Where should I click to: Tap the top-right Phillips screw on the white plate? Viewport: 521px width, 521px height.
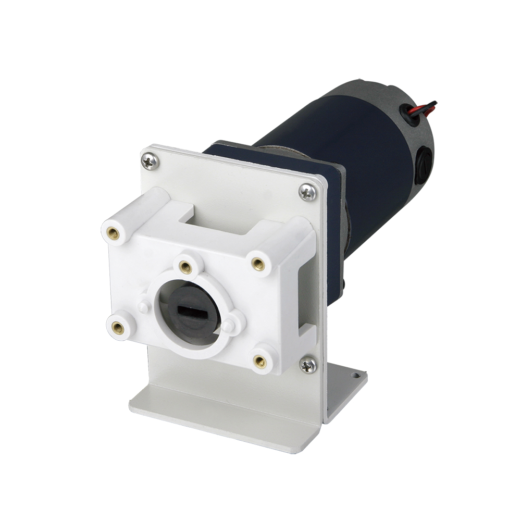(307, 192)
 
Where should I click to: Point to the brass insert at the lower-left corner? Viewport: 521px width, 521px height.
(118, 328)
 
